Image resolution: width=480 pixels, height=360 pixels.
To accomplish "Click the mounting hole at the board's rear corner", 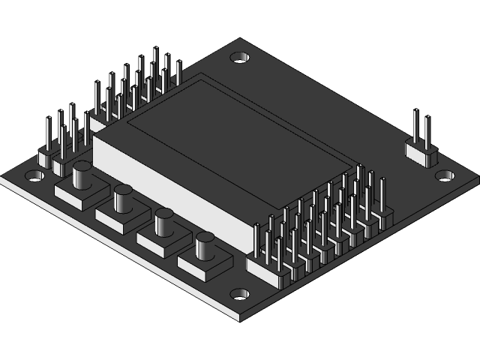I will point(240,57).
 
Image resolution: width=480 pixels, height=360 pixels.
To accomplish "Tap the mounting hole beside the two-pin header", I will point(445,175).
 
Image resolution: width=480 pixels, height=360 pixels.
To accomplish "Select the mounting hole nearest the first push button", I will point(34,177).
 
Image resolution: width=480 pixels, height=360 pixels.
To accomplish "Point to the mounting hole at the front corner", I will point(239,295).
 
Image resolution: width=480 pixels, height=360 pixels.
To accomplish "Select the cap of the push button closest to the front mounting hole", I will point(205,244).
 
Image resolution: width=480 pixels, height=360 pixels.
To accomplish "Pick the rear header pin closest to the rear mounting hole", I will point(178,73).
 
